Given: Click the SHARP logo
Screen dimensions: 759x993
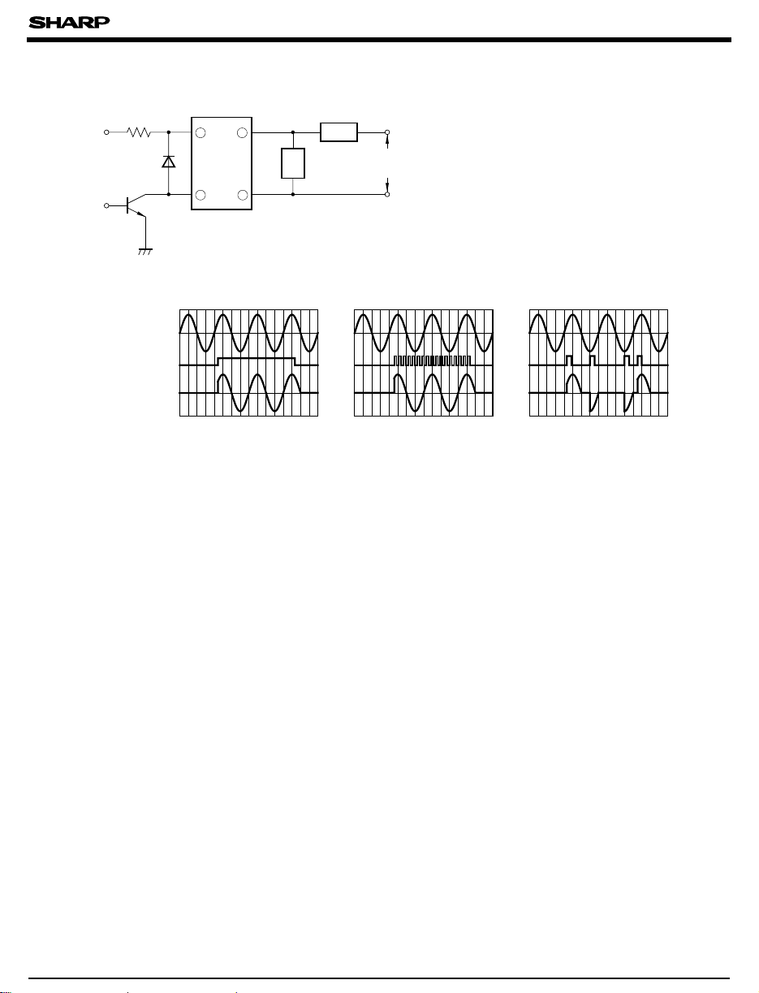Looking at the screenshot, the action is (x=69, y=22).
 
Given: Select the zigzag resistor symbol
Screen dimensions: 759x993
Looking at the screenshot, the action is (x=139, y=132).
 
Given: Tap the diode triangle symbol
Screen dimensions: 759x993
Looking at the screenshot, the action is (x=169, y=162).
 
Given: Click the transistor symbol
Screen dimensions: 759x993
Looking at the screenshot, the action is (x=136, y=206).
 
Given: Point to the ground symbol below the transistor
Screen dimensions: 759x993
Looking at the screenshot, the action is (x=145, y=252).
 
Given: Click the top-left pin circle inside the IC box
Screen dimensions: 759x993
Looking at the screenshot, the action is (x=201, y=132).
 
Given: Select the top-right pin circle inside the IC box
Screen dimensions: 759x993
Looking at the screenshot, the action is (x=243, y=132).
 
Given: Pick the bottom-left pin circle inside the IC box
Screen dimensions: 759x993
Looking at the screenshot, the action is (x=201, y=195).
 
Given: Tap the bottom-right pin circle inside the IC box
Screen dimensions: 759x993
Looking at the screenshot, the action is (x=243, y=195).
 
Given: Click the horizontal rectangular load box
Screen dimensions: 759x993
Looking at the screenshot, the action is (x=339, y=132).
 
